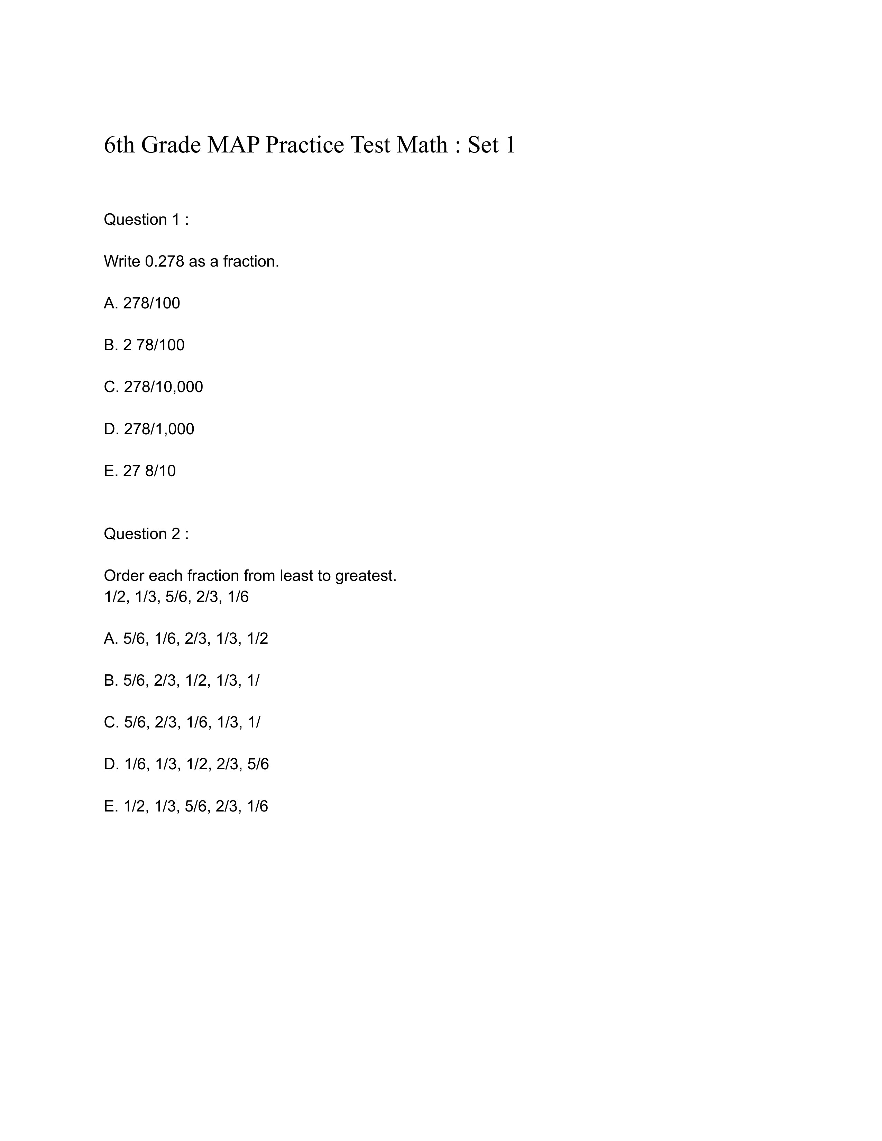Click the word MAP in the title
[233, 145]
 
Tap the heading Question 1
[146, 220]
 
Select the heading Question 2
[146, 534]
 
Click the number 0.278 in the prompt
[165, 261]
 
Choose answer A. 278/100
[141, 303]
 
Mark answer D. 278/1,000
[149, 429]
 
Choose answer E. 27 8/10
[139, 471]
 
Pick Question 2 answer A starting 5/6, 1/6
[185, 638]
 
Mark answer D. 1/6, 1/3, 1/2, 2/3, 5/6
[186, 764]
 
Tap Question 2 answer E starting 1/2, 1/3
[185, 806]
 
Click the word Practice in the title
[305, 145]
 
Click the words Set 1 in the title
[491, 145]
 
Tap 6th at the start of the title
[119, 145]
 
